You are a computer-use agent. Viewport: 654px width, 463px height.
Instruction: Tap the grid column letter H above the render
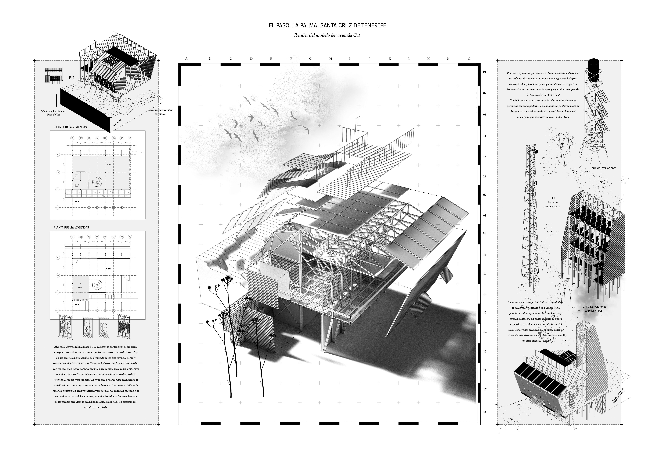pyautogui.click(x=331, y=59)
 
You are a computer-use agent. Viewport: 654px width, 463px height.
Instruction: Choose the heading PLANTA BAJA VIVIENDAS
pyautogui.click(x=71, y=127)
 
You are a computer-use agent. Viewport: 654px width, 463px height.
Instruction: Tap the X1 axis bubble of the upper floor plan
pyautogui.click(x=73, y=138)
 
